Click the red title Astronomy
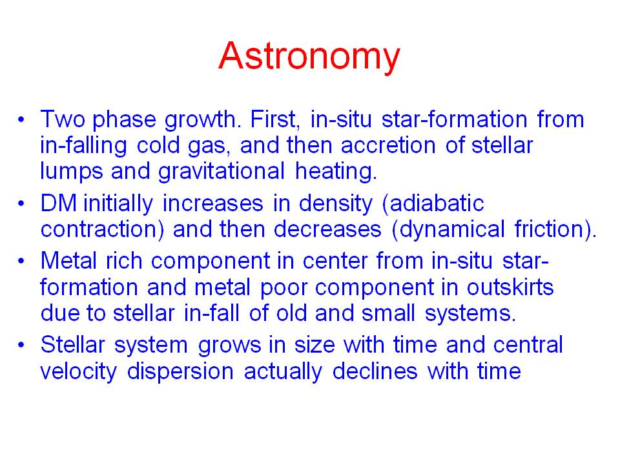(309, 57)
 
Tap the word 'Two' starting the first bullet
(63, 119)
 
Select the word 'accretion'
(388, 145)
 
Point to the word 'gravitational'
(222, 172)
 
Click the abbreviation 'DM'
(59, 203)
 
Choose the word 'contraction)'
(102, 230)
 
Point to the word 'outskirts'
(510, 287)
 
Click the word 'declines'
(375, 371)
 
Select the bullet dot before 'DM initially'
(21, 204)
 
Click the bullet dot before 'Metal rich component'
(21, 262)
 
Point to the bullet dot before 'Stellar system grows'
(21, 345)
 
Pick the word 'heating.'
(336, 172)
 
